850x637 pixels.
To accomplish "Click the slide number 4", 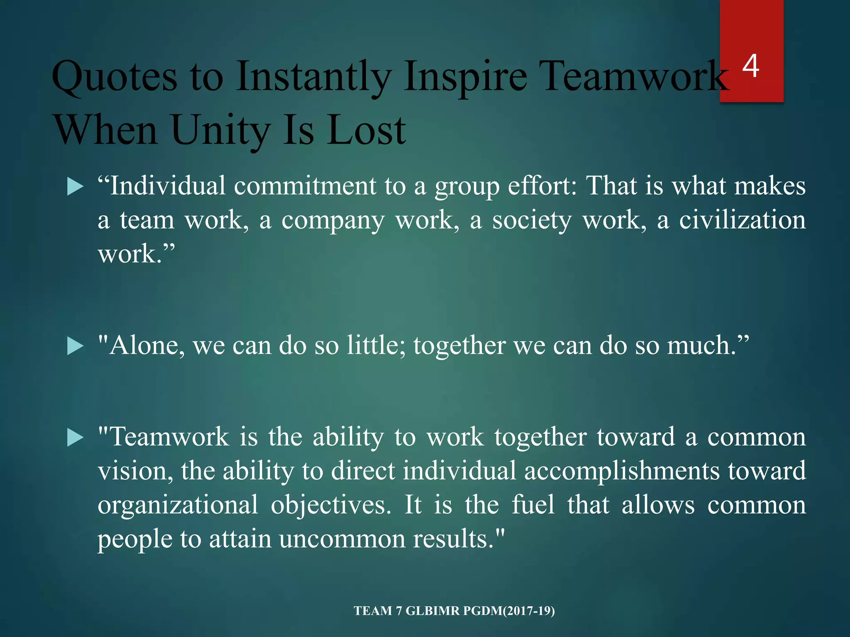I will pyautogui.click(x=751, y=66).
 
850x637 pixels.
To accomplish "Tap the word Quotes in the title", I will pyautogui.click(x=115, y=77).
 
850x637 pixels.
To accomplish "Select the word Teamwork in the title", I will pyautogui.click(x=635, y=77).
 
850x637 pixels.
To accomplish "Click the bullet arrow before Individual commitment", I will pyautogui.click(x=75, y=187).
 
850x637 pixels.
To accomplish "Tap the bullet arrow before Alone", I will pyautogui.click(x=75, y=346).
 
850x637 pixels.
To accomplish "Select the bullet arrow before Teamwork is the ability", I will pyautogui.click(x=75, y=438).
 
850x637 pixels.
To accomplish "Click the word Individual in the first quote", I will pyautogui.click(x=168, y=186).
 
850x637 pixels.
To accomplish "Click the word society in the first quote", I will pyautogui.click(x=532, y=221).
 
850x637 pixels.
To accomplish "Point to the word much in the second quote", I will pyautogui.click(x=701, y=345).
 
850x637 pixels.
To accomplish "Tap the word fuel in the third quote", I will pyautogui.click(x=533, y=505).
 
